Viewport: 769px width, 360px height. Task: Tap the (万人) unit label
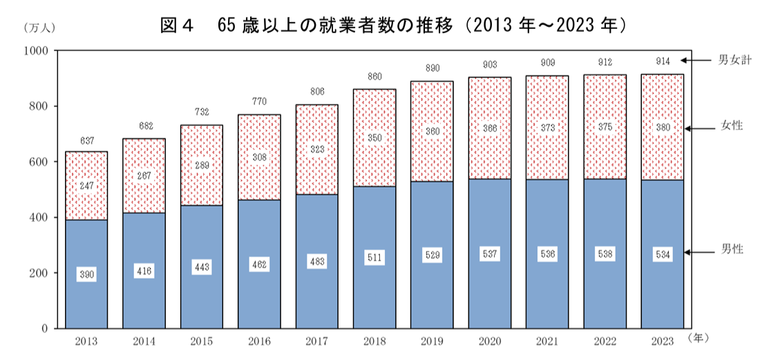click(39, 28)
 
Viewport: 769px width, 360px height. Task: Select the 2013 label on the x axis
click(86, 341)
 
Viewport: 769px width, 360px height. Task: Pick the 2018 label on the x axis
click(374, 341)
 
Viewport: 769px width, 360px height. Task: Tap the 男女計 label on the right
click(734, 60)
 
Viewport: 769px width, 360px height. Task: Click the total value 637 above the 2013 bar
click(86, 142)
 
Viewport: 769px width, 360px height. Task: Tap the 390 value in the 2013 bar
click(86, 274)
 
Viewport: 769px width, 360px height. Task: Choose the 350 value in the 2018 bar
click(374, 138)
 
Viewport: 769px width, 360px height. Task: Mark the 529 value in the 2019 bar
click(433, 255)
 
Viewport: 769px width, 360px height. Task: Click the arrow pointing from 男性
click(697, 252)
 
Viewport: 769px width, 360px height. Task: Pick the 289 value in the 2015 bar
click(202, 166)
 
